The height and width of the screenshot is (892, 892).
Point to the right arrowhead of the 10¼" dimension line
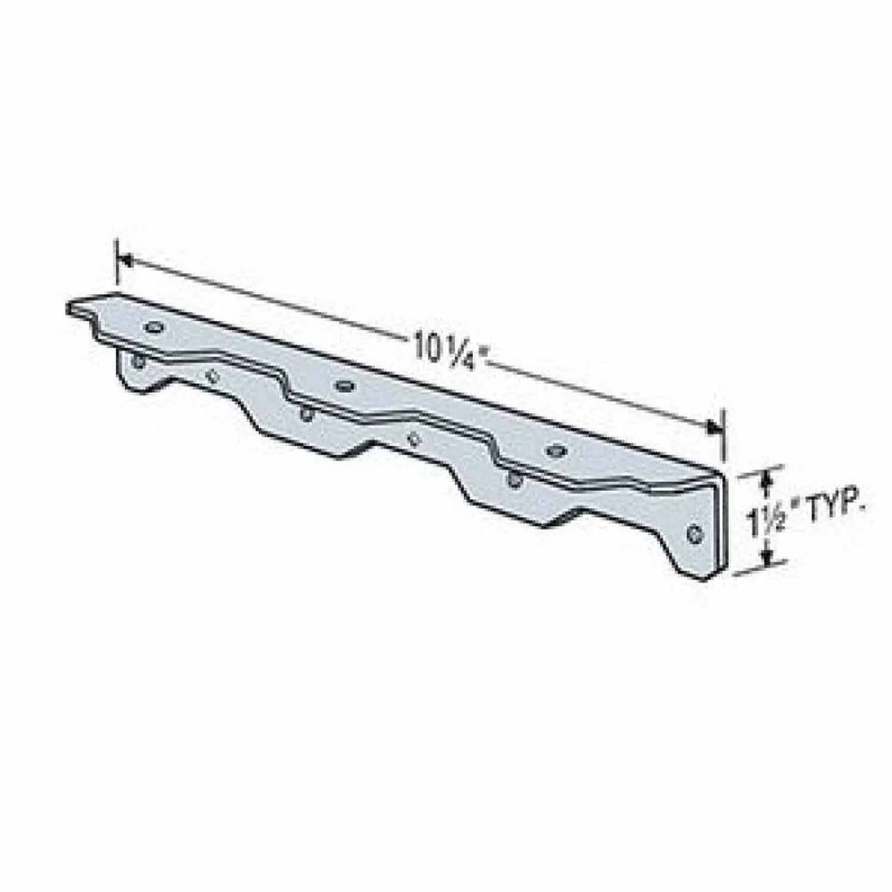click(714, 427)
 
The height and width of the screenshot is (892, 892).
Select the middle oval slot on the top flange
click(342, 384)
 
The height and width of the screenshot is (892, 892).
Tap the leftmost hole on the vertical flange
click(136, 360)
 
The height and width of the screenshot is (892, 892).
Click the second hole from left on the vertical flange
click(213, 376)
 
